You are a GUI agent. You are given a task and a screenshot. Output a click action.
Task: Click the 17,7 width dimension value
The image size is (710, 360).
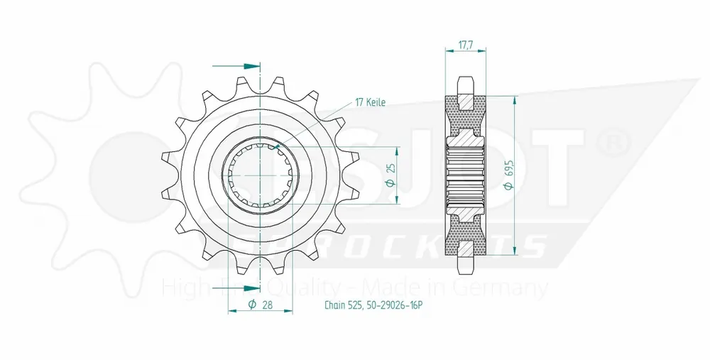[465, 44]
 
